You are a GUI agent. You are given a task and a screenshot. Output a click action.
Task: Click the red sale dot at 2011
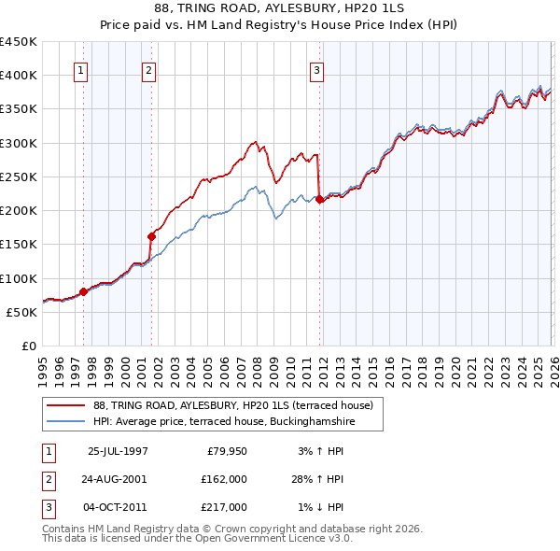(319, 199)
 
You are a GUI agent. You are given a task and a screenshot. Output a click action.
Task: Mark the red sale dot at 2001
(152, 235)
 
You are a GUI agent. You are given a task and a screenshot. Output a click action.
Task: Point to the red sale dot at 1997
(84, 291)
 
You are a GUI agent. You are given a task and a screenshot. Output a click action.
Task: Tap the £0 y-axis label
(29, 346)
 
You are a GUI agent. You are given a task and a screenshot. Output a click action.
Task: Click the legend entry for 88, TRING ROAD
(233, 405)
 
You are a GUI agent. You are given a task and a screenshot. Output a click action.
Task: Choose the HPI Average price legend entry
(224, 422)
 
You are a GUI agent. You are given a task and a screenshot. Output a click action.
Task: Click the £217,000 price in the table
(224, 507)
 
